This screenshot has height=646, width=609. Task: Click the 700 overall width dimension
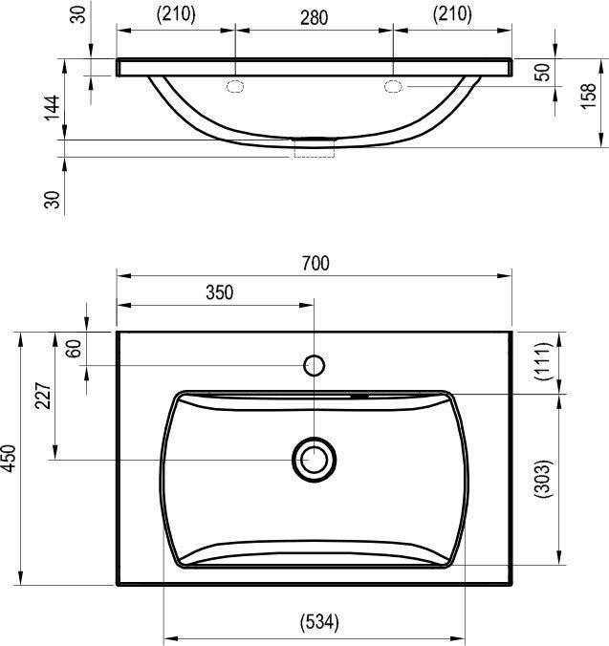(x=315, y=264)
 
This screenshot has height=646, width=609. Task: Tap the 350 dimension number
(x=220, y=292)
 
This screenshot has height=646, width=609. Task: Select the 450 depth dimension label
(x=9, y=458)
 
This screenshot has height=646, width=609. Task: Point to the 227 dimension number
(x=43, y=396)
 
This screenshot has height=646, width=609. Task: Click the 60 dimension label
(x=74, y=349)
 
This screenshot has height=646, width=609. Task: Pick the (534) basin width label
(x=319, y=622)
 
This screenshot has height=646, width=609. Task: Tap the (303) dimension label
(x=542, y=479)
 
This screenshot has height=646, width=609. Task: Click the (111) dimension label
(x=542, y=361)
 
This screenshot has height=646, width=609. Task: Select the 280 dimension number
(x=314, y=18)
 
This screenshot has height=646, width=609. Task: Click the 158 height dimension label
(x=589, y=96)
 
